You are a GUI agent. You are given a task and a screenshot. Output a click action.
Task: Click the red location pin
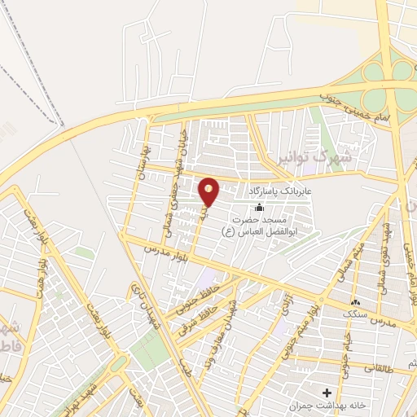pyautogui.click(x=209, y=191)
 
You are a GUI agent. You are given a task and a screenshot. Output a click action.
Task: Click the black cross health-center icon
pyautogui.click(x=327, y=393)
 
